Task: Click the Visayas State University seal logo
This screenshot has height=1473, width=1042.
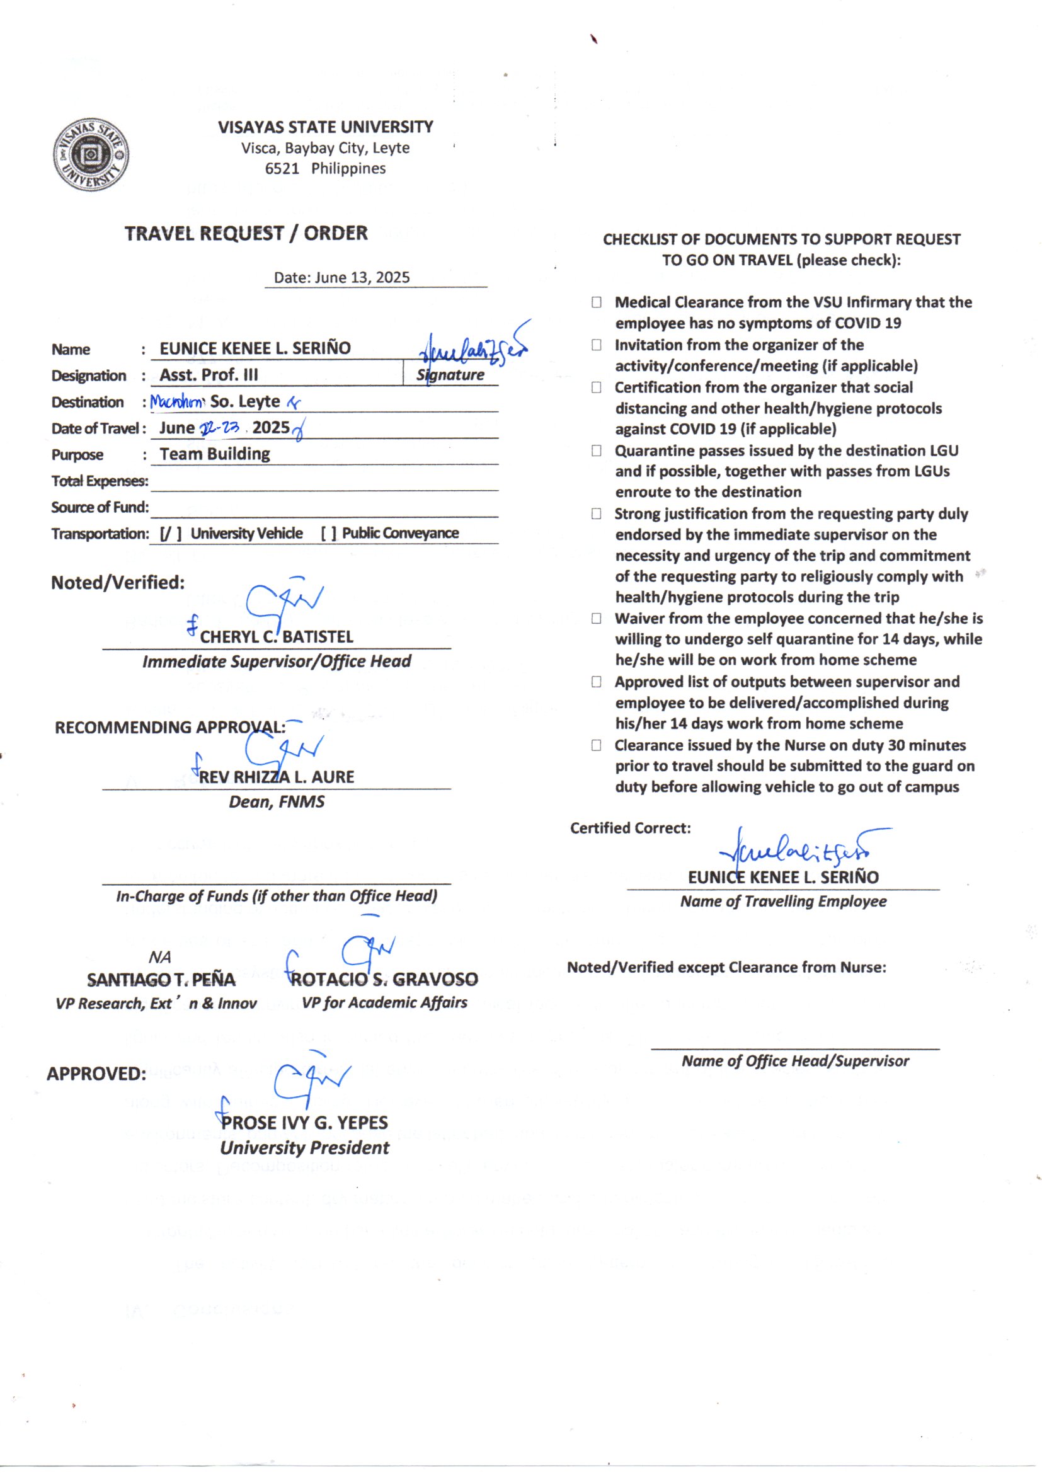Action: coord(91,154)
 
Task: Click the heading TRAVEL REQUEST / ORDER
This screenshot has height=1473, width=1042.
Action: coord(246,233)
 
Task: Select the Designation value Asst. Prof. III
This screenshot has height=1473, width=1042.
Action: coord(209,375)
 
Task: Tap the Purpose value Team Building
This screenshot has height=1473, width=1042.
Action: coord(215,454)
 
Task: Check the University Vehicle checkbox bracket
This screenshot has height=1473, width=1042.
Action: coord(171,534)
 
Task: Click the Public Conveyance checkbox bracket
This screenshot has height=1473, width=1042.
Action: coord(328,534)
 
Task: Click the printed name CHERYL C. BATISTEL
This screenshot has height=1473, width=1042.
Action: coord(277,637)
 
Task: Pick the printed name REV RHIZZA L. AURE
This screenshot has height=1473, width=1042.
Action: coord(277,777)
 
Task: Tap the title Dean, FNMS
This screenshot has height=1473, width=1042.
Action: coord(277,802)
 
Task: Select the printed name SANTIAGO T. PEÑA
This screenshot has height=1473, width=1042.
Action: coord(161,980)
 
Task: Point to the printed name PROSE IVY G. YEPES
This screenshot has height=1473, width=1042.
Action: coord(305,1123)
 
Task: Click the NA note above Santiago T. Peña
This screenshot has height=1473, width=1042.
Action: coord(160,958)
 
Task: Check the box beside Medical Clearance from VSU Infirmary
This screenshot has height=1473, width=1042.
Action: coord(597,302)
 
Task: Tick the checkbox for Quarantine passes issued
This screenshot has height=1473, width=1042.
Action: coord(597,451)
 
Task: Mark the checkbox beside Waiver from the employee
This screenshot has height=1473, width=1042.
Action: coord(597,619)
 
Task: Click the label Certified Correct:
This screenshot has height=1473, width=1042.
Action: coord(630,828)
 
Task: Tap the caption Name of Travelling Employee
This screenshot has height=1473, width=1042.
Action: coord(784,902)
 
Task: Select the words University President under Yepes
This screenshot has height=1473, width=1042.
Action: coord(305,1149)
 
